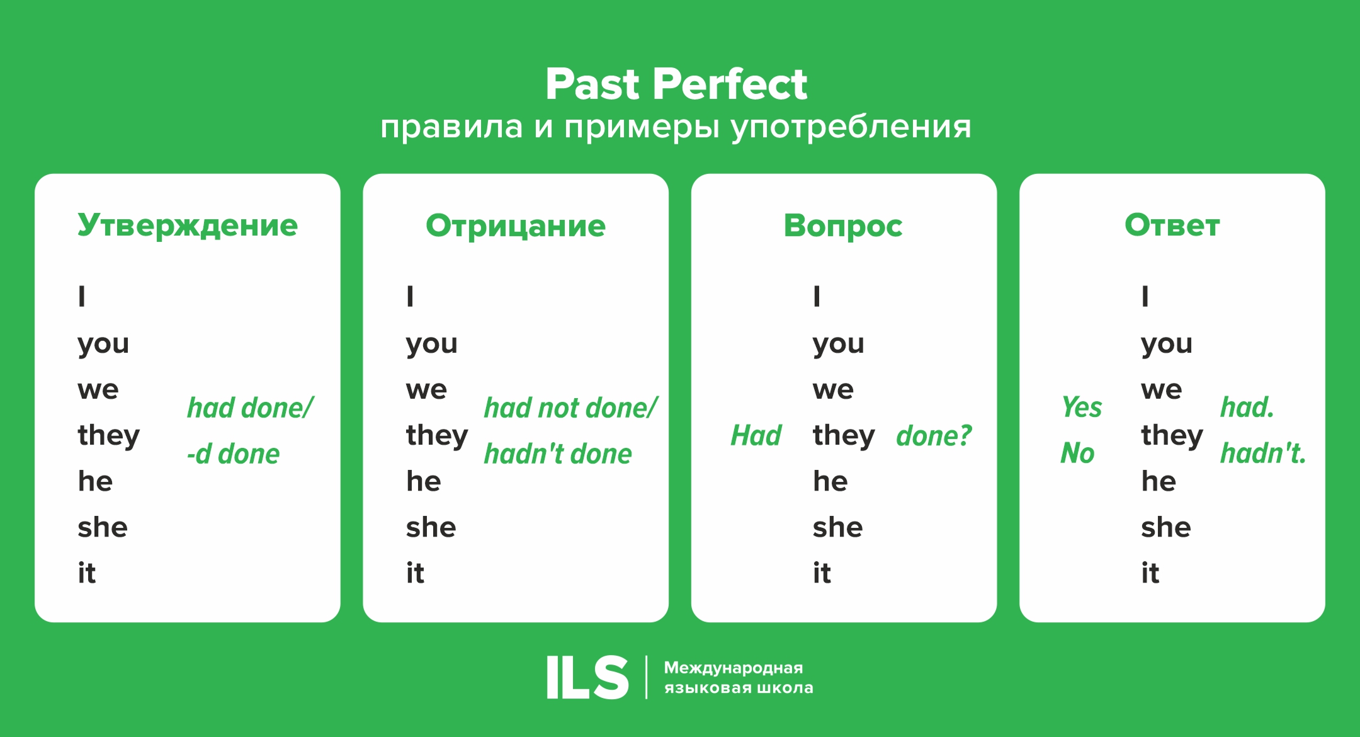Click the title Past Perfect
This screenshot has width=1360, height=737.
(676, 84)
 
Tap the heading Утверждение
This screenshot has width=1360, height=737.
(188, 226)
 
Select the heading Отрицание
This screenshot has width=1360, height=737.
(516, 226)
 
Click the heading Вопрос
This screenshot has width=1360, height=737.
(843, 226)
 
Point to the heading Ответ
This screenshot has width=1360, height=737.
(1172, 226)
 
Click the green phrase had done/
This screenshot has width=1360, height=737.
(250, 408)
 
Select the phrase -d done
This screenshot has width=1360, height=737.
(233, 454)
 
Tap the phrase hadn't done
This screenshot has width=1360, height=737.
(558, 454)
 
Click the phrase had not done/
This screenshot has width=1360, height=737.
(570, 408)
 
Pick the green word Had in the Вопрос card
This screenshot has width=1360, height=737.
(756, 436)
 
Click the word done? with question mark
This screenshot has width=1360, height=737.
(934, 436)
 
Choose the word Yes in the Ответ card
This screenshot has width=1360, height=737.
(1081, 408)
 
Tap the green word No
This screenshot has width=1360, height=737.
(1077, 454)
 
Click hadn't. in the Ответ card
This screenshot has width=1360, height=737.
(1263, 454)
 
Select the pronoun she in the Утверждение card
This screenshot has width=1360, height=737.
(103, 527)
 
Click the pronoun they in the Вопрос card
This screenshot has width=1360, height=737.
(844, 436)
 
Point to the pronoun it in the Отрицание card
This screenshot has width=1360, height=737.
(415, 573)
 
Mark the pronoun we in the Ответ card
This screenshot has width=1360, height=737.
(1161, 390)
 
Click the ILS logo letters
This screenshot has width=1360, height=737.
(587, 677)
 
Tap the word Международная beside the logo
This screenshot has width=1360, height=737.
(734, 668)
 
